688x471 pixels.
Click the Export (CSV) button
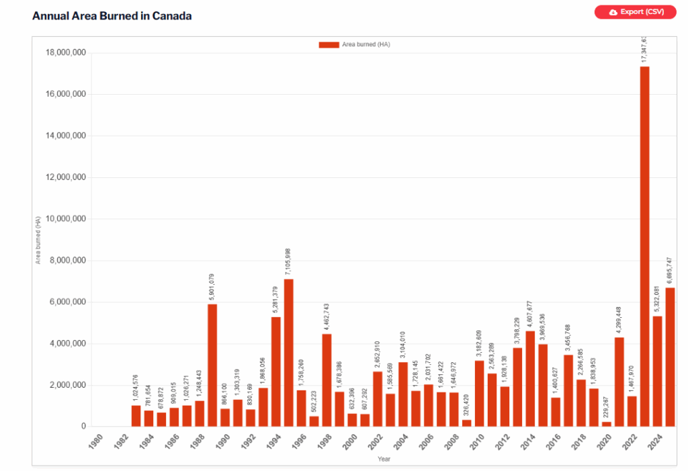pos(635,12)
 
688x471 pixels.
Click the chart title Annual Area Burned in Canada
pos(112,15)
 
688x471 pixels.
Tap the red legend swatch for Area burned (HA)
pos(329,44)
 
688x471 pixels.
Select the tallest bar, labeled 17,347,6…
pos(644,246)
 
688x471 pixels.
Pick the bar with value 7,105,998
pos(288,353)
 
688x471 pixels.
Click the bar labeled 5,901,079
pos(212,365)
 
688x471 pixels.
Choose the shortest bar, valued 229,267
pos(607,424)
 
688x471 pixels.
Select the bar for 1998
pos(327,380)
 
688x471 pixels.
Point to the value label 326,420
pos(466,402)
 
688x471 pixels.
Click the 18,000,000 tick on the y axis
pos(64,53)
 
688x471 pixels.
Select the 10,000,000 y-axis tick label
pos(64,219)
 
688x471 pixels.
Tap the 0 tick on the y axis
pos(83,427)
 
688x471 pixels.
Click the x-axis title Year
pos(383,460)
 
